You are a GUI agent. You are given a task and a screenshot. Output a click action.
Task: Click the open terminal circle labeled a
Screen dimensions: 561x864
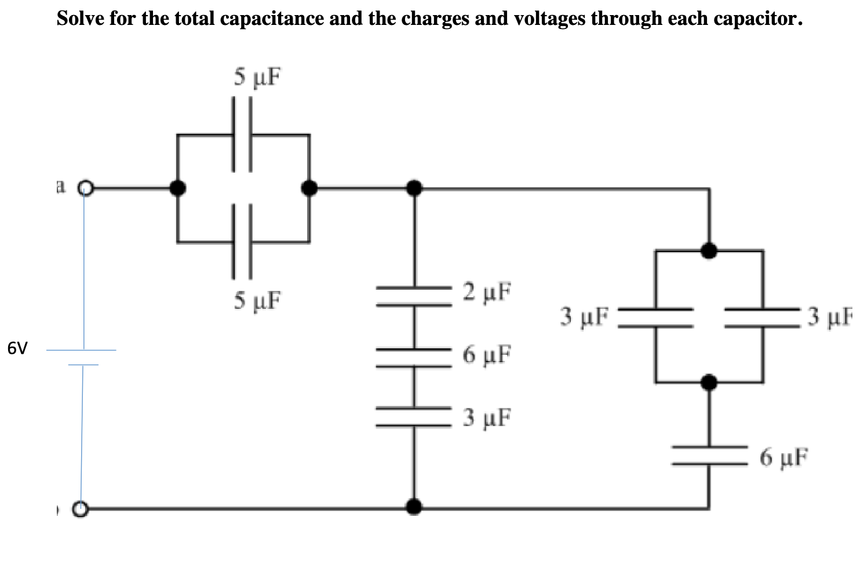tap(86, 188)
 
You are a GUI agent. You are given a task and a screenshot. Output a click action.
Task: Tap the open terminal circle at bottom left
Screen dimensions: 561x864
tap(81, 509)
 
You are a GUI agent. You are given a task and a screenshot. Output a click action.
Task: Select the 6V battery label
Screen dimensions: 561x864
tap(17, 348)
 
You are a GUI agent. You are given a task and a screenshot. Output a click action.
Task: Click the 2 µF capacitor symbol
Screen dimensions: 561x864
tap(414, 296)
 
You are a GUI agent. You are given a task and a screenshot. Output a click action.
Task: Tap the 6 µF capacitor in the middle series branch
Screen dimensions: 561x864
tap(414, 358)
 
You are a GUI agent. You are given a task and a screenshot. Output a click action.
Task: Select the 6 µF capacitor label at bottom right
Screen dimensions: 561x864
tap(784, 458)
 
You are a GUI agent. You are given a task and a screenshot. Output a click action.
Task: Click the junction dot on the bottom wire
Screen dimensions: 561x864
tap(413, 507)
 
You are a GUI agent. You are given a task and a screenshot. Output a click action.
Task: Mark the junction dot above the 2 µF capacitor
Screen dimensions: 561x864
tap(413, 188)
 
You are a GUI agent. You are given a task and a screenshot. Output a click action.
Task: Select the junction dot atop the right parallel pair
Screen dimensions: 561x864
tap(709, 250)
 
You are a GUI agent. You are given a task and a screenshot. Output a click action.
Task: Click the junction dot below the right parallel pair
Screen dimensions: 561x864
tap(709, 382)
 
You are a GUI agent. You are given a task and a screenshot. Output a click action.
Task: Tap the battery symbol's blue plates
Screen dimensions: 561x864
tap(82, 357)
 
